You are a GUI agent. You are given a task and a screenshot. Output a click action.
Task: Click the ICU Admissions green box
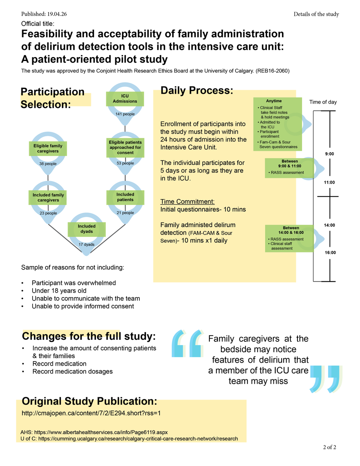click(125, 99)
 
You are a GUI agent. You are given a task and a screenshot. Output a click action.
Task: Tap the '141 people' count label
click(125, 114)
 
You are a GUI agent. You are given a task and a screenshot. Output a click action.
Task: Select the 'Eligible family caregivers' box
click(48, 148)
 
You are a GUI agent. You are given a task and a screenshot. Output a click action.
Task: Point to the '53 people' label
click(125, 163)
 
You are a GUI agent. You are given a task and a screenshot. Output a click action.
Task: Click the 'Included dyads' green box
click(86, 229)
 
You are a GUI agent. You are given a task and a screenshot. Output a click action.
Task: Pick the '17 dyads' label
click(86, 245)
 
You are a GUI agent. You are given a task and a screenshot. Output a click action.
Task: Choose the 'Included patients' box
click(125, 197)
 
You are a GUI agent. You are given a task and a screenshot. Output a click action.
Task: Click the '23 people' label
click(48, 213)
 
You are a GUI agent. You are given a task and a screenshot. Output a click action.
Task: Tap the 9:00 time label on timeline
click(330, 154)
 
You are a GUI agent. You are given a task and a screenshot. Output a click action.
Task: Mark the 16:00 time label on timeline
click(330, 252)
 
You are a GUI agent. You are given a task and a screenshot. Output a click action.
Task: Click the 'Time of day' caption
click(323, 102)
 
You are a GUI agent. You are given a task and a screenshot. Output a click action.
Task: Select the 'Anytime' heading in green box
click(274, 101)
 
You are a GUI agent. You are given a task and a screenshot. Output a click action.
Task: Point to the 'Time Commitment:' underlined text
click(187, 202)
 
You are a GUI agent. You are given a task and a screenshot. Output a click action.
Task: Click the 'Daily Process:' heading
click(197, 91)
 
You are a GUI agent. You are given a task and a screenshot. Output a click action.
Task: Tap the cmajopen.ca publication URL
click(91, 413)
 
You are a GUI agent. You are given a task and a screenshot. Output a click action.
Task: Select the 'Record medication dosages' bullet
click(72, 371)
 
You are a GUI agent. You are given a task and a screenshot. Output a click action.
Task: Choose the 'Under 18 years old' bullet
click(59, 291)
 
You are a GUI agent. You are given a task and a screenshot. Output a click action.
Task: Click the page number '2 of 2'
click(329, 447)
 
